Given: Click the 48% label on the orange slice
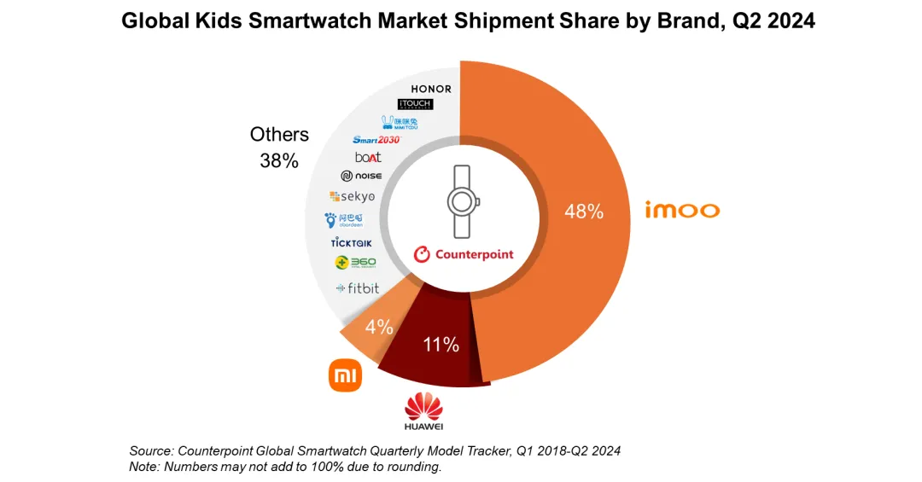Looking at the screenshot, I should tap(584, 211).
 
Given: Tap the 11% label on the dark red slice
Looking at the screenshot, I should tap(441, 345).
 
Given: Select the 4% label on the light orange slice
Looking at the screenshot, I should tap(379, 327).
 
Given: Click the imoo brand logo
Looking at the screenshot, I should tap(683, 210).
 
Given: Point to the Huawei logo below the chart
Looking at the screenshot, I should tap(424, 409).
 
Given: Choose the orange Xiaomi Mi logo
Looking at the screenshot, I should tap(345, 375).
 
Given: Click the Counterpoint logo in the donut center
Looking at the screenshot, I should tap(464, 254).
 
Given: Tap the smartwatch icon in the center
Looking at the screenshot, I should tap(462, 202).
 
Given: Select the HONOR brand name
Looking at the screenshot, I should tap(431, 89).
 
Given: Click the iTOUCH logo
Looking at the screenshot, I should tap(416, 104).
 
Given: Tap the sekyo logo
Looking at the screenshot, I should tap(352, 197).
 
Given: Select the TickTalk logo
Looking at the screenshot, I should tap(351, 243).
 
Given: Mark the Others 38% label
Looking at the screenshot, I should tap(279, 147).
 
